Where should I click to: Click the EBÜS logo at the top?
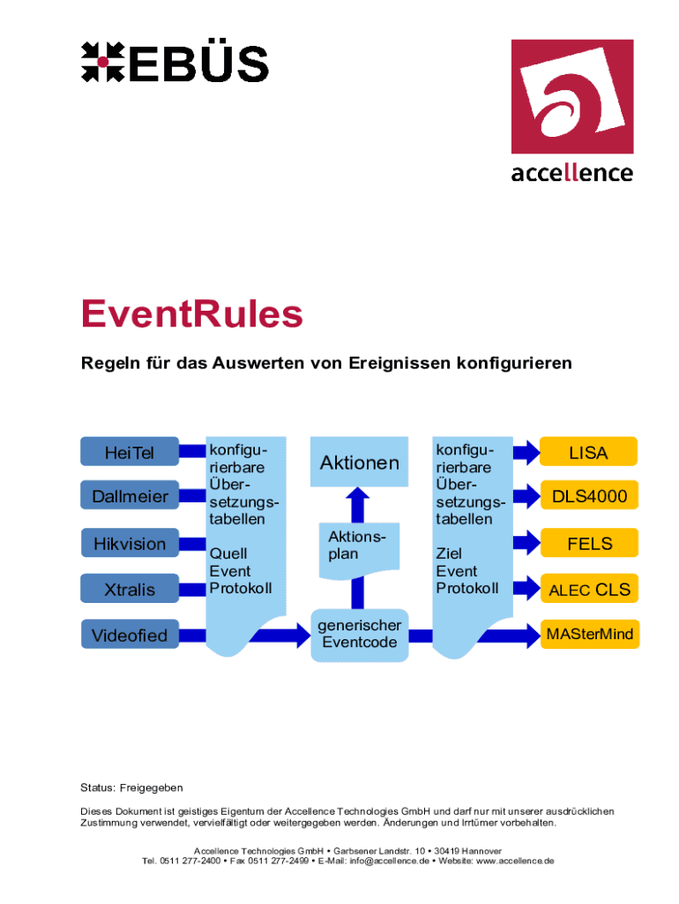pos(175,63)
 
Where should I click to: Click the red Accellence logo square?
pos(572,96)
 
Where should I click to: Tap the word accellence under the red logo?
pos(572,172)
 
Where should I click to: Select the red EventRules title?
pos(191,313)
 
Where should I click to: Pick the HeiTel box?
pos(130,451)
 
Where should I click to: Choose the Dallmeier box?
pos(130,495)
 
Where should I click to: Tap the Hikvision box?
pos(130,543)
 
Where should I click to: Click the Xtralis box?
pos(130,589)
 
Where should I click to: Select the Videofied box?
pos(130,634)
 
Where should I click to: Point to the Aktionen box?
pos(360,462)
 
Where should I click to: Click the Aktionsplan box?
pos(360,549)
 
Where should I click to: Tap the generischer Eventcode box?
pos(360,634)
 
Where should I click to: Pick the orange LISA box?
pos(588,451)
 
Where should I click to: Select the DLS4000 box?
pos(589,495)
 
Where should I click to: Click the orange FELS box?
pos(589,543)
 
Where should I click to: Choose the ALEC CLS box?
pos(589,589)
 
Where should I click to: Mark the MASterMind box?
pos(590,634)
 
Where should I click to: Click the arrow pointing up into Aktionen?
pos(358,505)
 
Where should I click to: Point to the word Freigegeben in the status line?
pos(152,787)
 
